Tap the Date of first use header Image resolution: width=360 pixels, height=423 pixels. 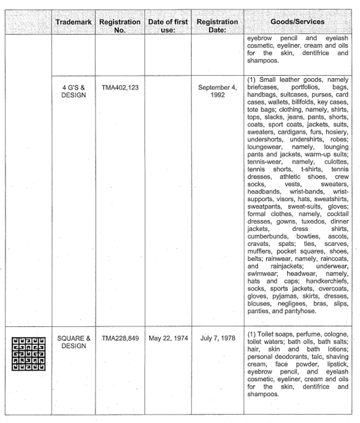(x=167, y=26)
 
